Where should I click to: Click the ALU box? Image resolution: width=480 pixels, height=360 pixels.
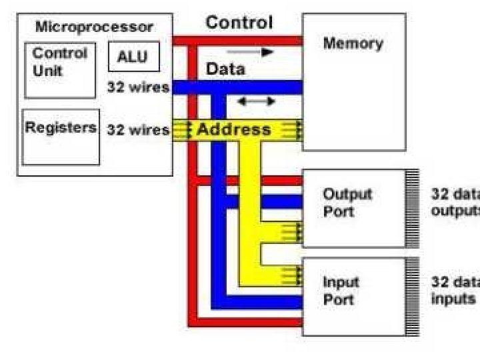tap(134, 57)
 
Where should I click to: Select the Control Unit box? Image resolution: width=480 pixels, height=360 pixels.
tap(60, 71)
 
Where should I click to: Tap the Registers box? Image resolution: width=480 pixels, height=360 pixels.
tap(61, 137)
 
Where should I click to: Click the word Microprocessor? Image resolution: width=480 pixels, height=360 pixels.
tap(94, 27)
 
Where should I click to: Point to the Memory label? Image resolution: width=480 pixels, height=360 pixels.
tap(353, 43)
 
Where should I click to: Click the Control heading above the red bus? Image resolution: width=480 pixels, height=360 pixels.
tap(239, 23)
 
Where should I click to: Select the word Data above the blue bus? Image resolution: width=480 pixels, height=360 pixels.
tap(225, 69)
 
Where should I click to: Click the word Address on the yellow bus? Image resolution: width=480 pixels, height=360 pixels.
tap(234, 129)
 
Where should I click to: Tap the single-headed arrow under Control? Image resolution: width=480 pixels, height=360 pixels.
tap(250, 52)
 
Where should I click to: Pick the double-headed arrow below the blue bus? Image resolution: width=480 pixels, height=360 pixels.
tap(257, 101)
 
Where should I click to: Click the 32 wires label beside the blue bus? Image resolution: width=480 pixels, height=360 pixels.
tap(138, 87)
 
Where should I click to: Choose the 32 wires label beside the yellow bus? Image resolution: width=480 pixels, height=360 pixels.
tap(138, 130)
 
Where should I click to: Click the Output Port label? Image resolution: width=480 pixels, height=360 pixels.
tap(347, 203)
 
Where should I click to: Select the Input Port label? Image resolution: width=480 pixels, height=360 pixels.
tap(341, 291)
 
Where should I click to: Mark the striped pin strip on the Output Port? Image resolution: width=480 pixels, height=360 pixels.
tap(413, 209)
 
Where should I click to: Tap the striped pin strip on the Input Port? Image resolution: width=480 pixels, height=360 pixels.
tap(413, 297)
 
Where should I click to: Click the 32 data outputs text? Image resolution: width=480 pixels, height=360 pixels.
tap(455, 203)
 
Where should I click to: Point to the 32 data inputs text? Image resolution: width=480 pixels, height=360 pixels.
tap(455, 290)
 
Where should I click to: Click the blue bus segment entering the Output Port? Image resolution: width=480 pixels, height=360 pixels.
tap(264, 202)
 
